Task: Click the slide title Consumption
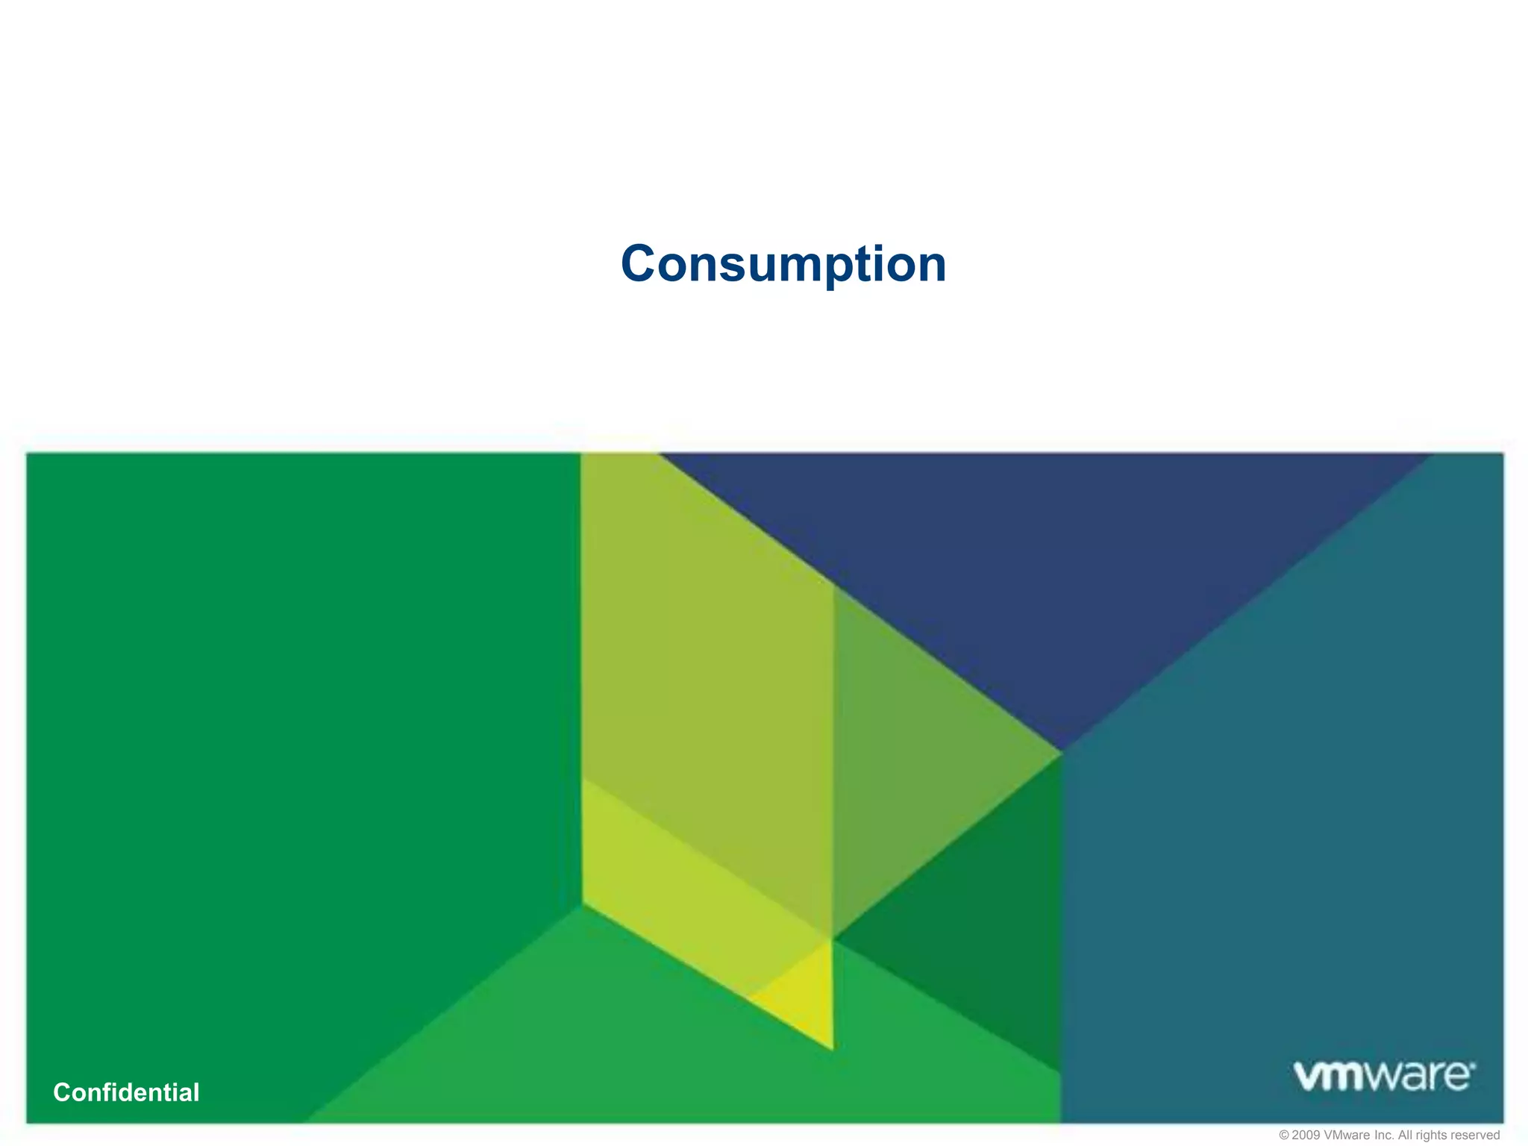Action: click(x=783, y=264)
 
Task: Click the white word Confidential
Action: click(x=126, y=1092)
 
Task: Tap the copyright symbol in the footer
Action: click(x=1284, y=1135)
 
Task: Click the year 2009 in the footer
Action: click(x=1306, y=1135)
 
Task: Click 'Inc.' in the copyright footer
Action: click(x=1385, y=1135)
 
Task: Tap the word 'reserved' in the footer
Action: click(x=1476, y=1135)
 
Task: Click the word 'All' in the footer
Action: click(x=1406, y=1135)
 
